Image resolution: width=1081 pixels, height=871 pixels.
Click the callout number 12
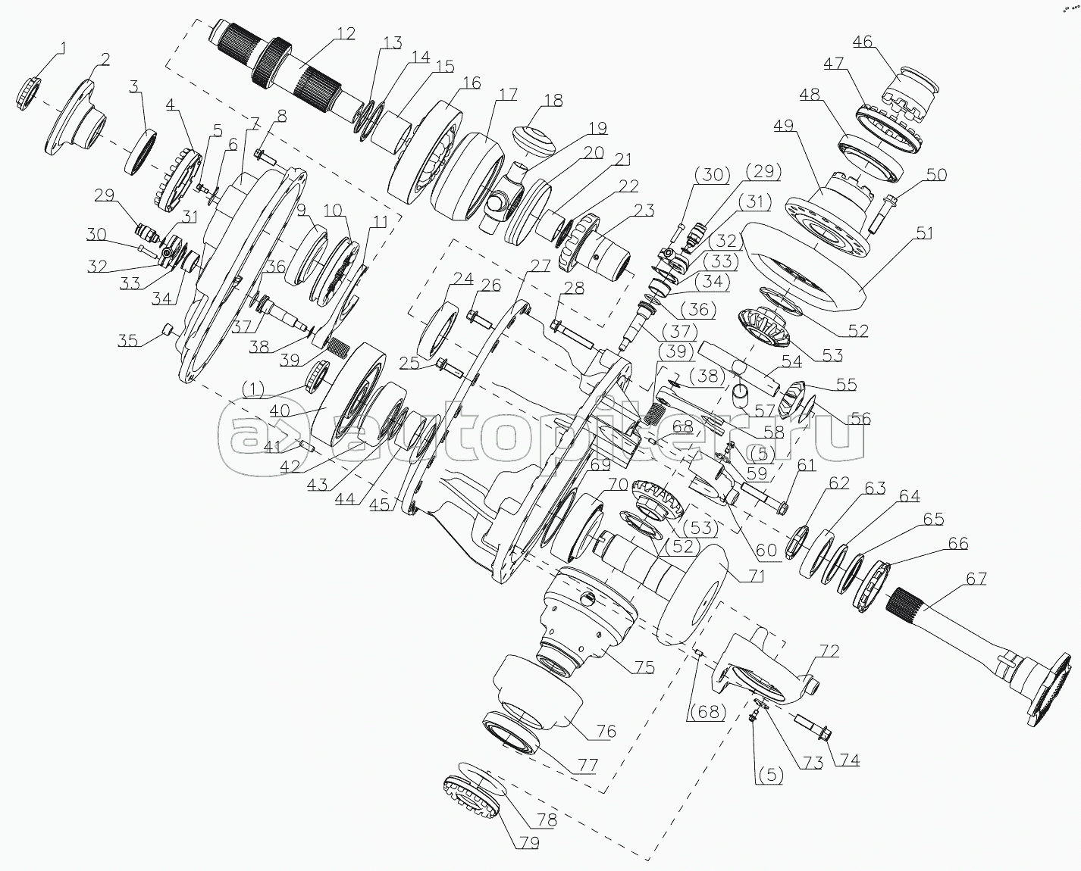tap(346, 33)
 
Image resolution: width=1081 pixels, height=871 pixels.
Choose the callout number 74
tap(850, 759)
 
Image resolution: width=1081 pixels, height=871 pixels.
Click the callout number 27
tap(539, 266)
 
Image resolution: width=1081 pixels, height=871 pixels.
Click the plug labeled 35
tap(168, 328)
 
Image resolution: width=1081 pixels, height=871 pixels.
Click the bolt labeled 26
tap(478, 317)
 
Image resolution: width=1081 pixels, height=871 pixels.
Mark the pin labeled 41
tap(305, 444)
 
